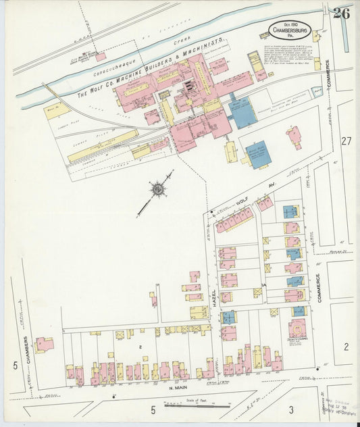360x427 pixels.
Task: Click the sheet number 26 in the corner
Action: (x=341, y=13)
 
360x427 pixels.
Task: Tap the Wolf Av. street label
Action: (x=253, y=197)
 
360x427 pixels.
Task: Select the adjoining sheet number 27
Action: (x=346, y=141)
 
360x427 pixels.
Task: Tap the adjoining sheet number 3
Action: (x=290, y=409)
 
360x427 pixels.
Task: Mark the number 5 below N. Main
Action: (x=153, y=409)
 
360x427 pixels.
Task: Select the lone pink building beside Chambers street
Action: (x=44, y=345)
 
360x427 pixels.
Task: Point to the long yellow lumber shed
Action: (x=102, y=145)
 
